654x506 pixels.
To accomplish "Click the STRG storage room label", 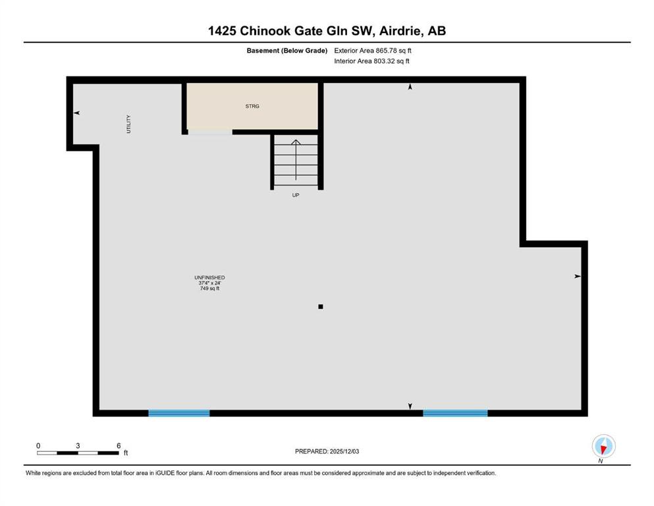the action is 252,106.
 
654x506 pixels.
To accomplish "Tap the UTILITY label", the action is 128,125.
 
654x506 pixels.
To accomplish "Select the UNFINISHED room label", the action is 209,277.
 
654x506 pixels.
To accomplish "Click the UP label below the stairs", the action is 296,195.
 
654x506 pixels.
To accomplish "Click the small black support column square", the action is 321,306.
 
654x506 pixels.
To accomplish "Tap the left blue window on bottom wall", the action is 179,413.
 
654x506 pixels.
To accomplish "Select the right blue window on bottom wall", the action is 456,413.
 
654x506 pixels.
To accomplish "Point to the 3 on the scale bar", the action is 78,445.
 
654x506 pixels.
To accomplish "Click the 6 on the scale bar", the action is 119,445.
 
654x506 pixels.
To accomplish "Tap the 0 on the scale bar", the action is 38,445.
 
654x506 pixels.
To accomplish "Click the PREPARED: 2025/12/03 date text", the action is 327,451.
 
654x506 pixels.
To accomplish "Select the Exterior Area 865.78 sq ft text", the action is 373,51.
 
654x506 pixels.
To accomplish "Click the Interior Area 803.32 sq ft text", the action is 371,61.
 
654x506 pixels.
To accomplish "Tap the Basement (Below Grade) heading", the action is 287,51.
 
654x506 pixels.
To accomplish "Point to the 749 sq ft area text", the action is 209,289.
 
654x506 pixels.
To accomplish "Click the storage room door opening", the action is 210,132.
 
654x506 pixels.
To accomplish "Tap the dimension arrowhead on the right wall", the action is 578,276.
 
